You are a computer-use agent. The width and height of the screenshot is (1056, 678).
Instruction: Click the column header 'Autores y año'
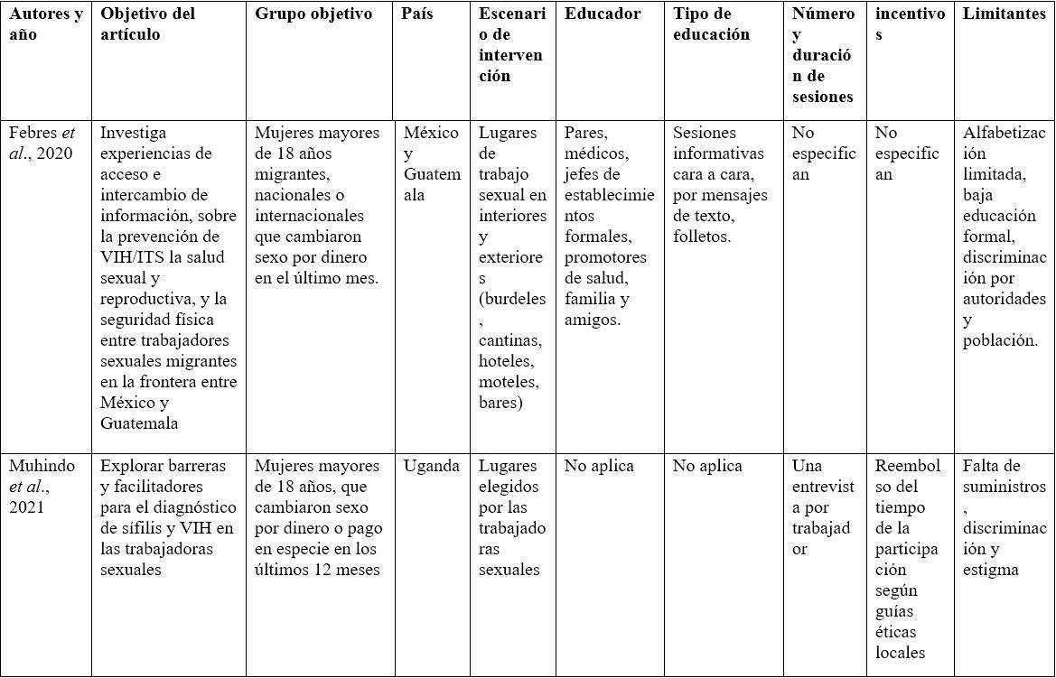pyautogui.click(x=46, y=24)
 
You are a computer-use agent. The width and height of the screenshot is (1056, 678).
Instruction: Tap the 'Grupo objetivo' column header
pyautogui.click(x=313, y=14)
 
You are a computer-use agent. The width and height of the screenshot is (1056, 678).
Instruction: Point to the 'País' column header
pyautogui.click(x=418, y=14)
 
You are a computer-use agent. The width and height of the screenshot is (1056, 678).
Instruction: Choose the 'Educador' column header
pyautogui.click(x=603, y=14)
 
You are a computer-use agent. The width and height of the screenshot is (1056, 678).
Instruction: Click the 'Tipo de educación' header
pyautogui.click(x=712, y=24)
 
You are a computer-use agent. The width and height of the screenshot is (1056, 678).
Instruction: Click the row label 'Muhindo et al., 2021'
pyautogui.click(x=42, y=487)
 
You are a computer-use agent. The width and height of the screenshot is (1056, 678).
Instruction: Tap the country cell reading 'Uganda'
pyautogui.click(x=431, y=467)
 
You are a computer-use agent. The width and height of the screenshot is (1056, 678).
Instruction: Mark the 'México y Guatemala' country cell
pyautogui.click(x=431, y=163)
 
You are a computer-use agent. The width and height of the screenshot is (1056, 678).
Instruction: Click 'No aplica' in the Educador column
pyautogui.click(x=599, y=467)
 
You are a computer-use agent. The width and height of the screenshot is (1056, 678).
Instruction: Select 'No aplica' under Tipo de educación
pyautogui.click(x=707, y=467)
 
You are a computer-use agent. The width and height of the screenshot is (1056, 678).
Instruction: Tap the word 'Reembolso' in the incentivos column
pyautogui.click(x=908, y=477)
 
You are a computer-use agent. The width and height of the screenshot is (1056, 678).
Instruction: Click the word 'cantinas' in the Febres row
pyautogui.click(x=510, y=340)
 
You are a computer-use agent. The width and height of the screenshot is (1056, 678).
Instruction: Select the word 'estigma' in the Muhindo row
pyautogui.click(x=990, y=571)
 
